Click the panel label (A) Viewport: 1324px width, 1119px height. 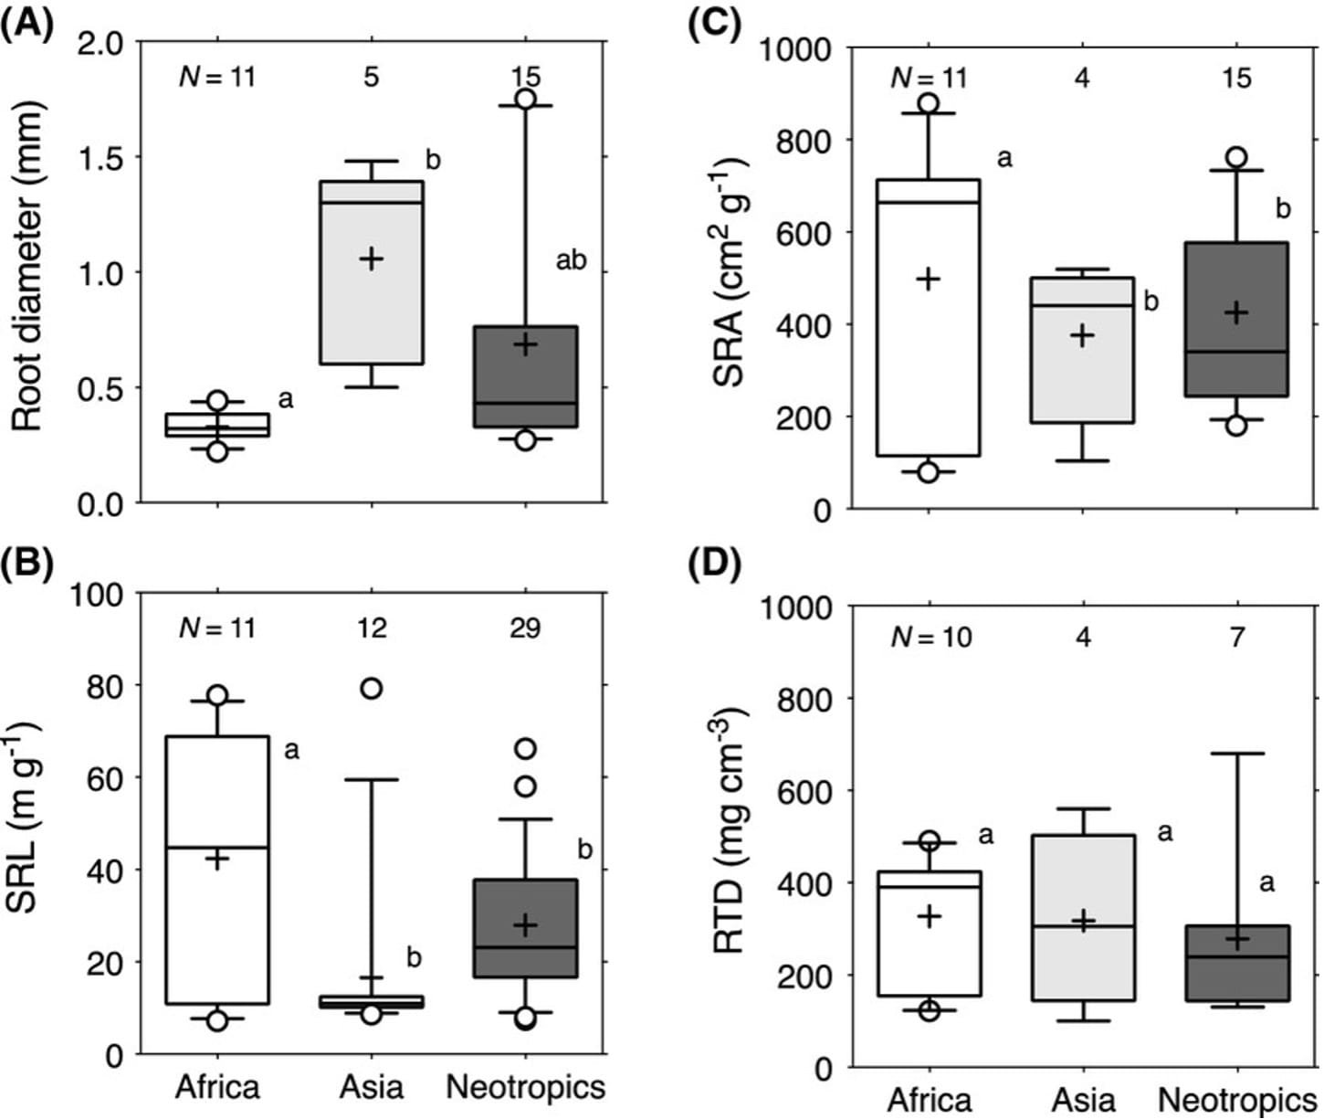(27, 20)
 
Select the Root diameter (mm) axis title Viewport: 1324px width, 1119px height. (27, 265)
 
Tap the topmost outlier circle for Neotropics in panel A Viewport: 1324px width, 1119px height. (525, 100)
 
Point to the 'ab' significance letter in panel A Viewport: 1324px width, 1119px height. (571, 261)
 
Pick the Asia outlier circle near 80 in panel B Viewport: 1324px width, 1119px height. (371, 689)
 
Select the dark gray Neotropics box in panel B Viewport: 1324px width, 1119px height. (525, 928)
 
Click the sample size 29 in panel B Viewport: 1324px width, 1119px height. (525, 628)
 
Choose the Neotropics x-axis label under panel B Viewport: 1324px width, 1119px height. (525, 1087)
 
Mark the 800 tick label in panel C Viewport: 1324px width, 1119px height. (803, 142)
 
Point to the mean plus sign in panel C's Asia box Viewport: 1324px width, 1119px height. (1083, 336)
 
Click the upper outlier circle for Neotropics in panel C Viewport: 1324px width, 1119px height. (1236, 157)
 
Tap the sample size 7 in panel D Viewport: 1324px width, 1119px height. (1237, 637)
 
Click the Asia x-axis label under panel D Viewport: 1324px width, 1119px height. (1083, 1100)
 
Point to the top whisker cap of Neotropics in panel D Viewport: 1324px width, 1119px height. (1237, 754)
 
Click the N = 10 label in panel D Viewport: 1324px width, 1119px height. (931, 637)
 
